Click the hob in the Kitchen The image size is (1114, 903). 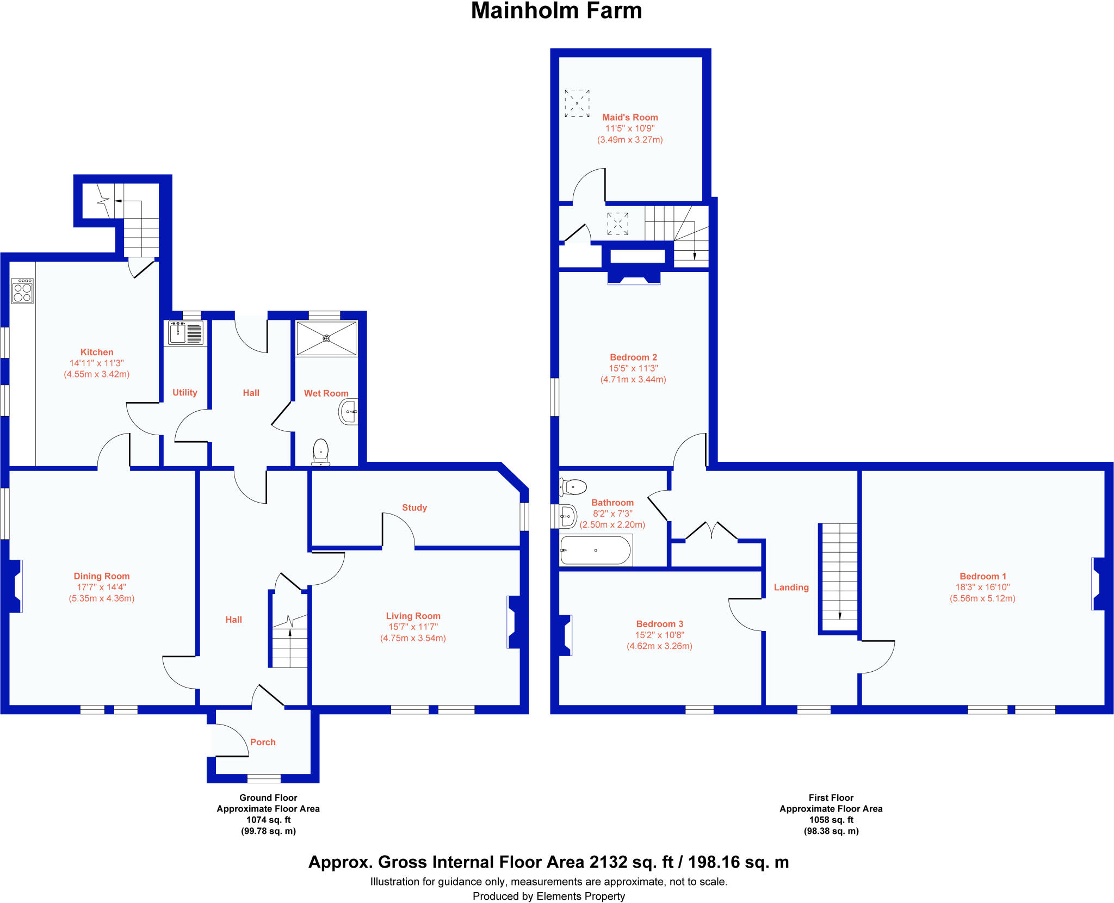(x=22, y=290)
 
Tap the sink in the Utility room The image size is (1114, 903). (x=186, y=332)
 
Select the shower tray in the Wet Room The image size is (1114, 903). (x=326, y=338)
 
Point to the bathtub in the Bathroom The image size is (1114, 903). (x=596, y=550)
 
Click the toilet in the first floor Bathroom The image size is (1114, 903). (x=573, y=486)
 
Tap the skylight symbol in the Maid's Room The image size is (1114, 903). (x=577, y=103)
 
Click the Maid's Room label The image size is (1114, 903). (x=630, y=117)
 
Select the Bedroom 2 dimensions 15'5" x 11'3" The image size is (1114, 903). (x=633, y=368)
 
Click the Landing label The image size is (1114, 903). (x=791, y=587)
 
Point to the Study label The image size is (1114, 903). (x=414, y=508)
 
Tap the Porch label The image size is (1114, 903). (x=263, y=742)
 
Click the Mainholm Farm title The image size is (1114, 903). (x=556, y=11)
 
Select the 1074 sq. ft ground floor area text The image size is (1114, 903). (x=268, y=820)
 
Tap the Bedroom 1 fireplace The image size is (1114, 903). (x=1097, y=584)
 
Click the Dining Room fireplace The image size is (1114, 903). (x=15, y=586)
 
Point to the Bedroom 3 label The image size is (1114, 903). (x=659, y=624)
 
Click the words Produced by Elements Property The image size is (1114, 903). (x=549, y=896)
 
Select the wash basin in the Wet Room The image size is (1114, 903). (x=349, y=412)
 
